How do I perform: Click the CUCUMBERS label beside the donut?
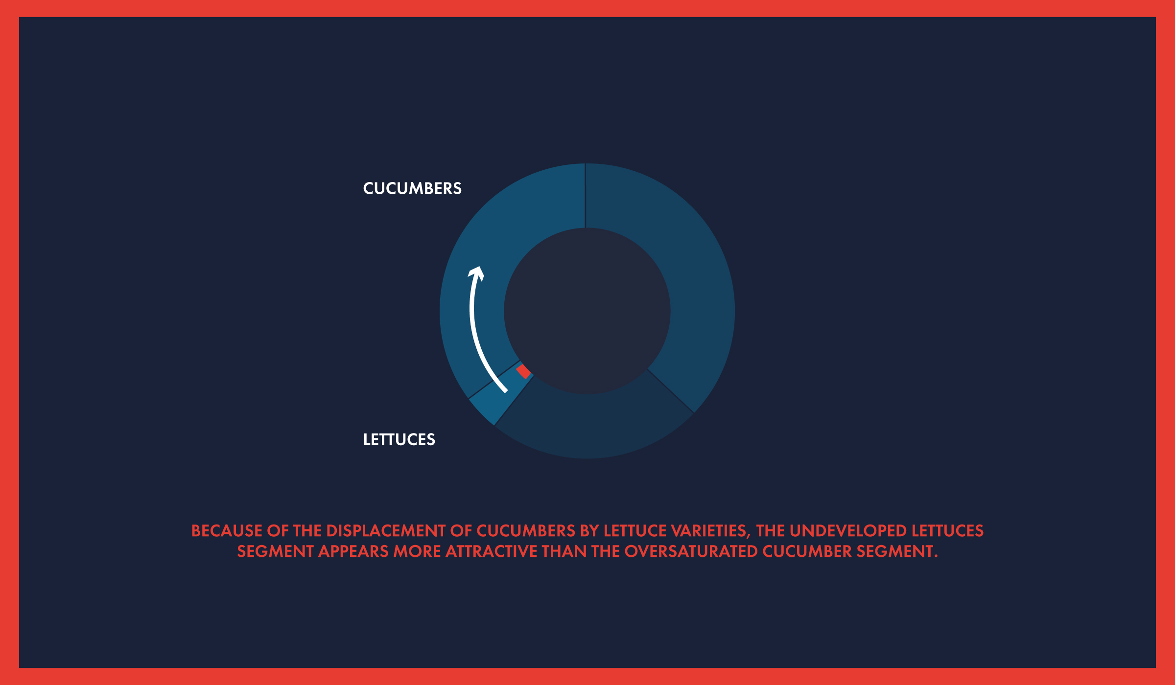click(x=412, y=188)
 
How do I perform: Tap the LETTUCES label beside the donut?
click(x=399, y=439)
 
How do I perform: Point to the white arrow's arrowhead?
click(x=476, y=273)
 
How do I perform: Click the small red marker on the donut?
click(x=524, y=371)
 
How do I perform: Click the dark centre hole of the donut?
click(x=587, y=311)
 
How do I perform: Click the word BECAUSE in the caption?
click(x=227, y=531)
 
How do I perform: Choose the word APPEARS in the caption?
click(x=353, y=551)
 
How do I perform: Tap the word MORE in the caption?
click(x=417, y=551)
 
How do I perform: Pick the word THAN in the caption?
click(x=564, y=551)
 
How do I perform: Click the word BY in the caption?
click(x=589, y=531)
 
